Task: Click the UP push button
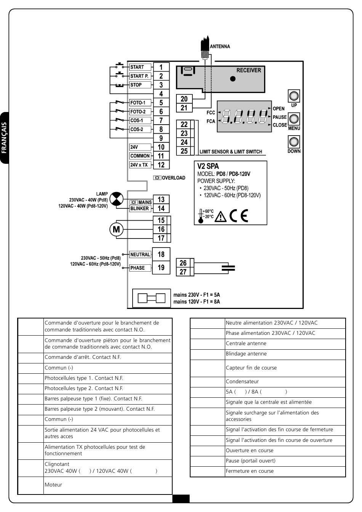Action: (294, 96)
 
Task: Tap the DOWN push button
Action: (294, 142)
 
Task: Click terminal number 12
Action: (161, 165)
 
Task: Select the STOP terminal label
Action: (140, 85)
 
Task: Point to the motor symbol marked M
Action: (116, 229)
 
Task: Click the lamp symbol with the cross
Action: (116, 199)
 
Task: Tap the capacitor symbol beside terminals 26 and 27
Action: (228, 268)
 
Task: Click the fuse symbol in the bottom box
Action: (151, 298)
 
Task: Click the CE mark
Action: (239, 216)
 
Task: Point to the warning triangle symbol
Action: (221, 217)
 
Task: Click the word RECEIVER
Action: (248, 70)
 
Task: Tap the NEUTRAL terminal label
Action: (140, 254)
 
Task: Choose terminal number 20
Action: (184, 99)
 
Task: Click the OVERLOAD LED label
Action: (169, 178)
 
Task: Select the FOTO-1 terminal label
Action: (140, 102)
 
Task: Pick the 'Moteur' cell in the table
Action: (53, 485)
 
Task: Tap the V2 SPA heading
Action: (208, 166)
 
